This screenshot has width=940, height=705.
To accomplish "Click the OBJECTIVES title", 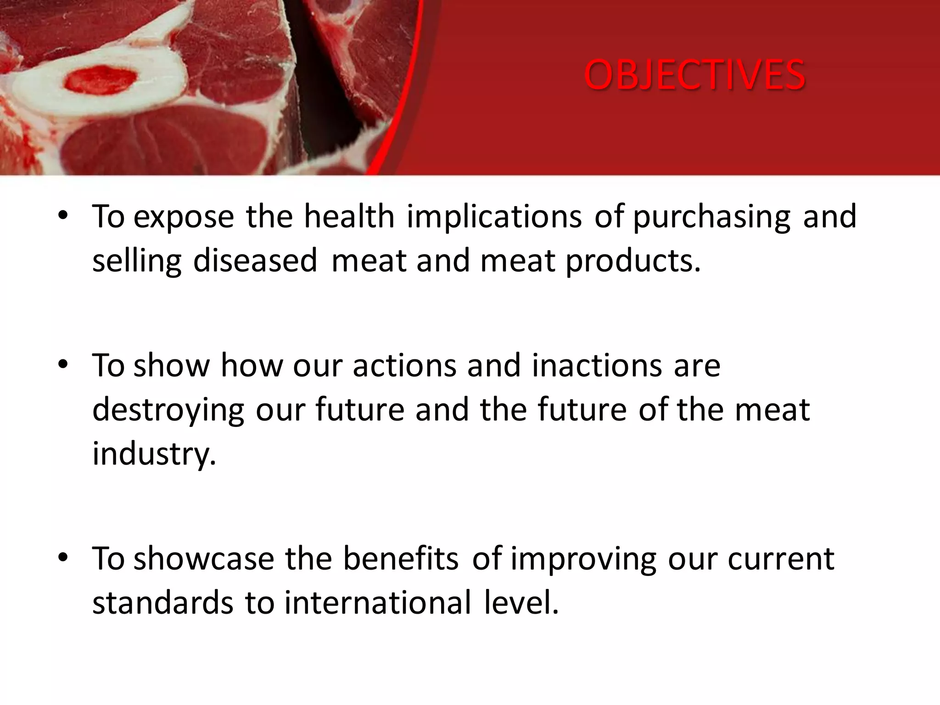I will (694, 75).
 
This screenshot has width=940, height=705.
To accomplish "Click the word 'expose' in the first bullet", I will (184, 217).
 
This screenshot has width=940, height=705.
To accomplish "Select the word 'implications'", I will (494, 217).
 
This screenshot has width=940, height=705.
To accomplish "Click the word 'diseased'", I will (255, 261).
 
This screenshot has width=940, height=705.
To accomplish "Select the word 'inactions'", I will (597, 365).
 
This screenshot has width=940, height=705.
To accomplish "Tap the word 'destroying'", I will (168, 410).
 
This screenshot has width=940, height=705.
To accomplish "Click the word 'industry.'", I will (154, 453).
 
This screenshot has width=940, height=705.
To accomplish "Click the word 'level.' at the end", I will (521, 602).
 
